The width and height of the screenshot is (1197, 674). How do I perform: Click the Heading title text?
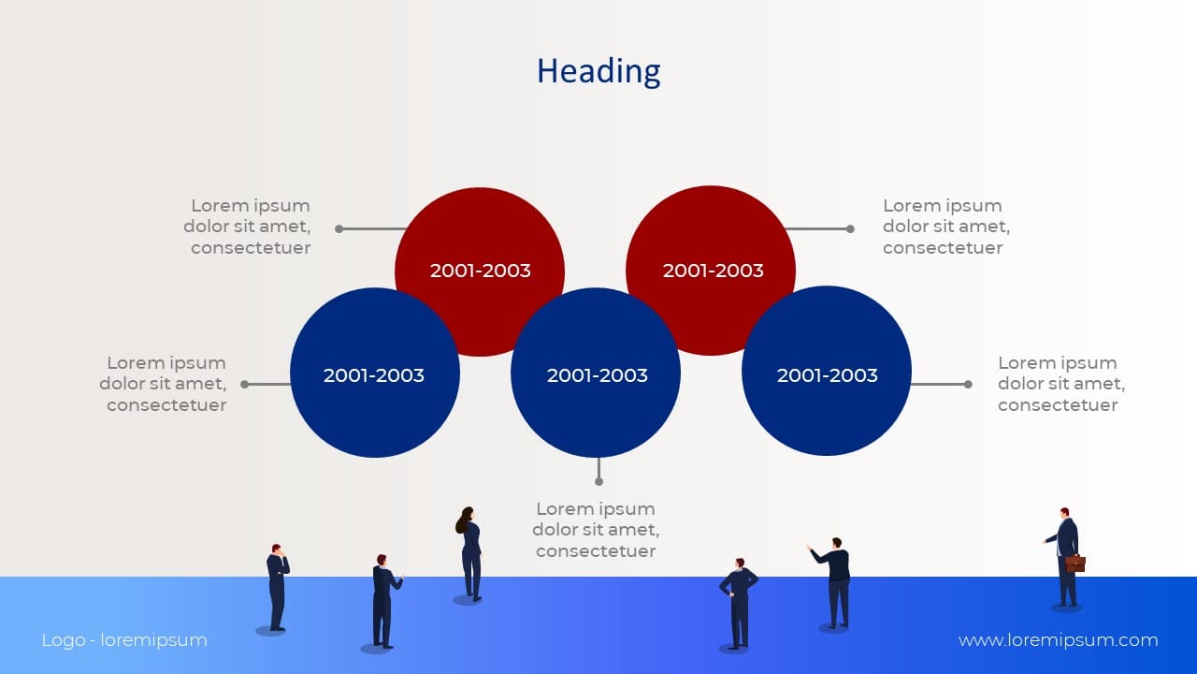598,72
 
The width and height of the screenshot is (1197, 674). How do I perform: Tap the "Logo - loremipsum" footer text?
124,639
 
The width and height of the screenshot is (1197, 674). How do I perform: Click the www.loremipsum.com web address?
1058,639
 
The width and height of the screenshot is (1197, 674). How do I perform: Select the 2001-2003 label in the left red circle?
480,271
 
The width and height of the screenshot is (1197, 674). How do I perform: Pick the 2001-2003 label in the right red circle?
713,271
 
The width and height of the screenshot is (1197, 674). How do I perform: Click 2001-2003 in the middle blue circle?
597,375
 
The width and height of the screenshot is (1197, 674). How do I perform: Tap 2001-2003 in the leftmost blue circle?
373,375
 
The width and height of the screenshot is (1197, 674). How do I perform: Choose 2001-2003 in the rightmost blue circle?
828,375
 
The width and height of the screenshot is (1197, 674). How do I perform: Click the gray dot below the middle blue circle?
598,481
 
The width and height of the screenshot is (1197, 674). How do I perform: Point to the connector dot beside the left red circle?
339,229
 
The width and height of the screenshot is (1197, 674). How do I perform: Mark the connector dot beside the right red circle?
850,229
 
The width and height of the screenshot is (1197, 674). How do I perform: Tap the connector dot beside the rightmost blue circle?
968,384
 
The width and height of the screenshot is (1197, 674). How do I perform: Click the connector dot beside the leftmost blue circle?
245,384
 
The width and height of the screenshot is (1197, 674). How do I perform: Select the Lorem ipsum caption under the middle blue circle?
596,530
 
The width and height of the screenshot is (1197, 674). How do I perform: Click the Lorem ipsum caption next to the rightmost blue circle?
1061,384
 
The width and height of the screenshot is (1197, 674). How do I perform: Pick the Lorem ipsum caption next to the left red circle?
247,227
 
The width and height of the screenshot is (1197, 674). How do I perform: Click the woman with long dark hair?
469,554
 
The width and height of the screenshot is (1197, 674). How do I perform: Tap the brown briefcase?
1075,564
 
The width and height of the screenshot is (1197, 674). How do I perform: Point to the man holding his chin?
278,587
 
